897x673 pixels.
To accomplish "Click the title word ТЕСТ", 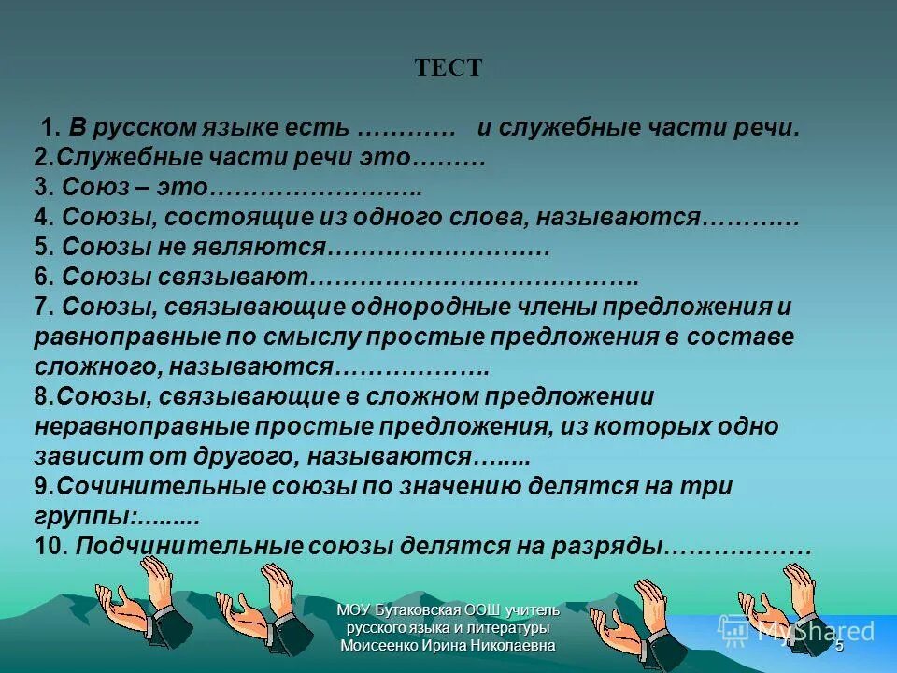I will click(x=448, y=68).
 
